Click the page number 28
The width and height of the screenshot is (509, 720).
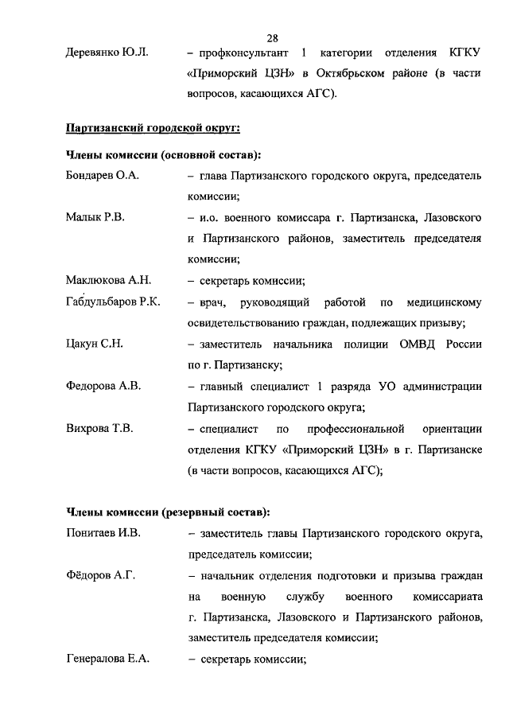271,38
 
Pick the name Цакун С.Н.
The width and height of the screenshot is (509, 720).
95,344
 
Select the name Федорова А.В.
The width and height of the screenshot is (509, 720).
103,386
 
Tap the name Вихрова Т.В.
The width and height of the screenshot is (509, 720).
99,428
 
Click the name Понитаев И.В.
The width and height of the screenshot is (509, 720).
103,532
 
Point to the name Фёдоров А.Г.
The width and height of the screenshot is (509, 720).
100,574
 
